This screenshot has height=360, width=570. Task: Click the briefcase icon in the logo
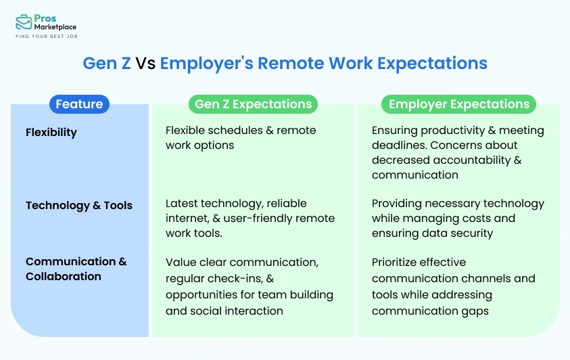tap(24, 22)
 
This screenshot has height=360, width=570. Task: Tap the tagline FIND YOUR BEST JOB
tap(47, 37)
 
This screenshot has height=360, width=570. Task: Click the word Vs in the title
tap(145, 64)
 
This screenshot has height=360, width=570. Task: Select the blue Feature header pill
tap(79, 104)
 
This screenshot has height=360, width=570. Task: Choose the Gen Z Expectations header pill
tap(253, 104)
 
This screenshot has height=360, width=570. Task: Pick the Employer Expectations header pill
tap(458, 104)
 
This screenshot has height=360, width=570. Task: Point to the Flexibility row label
tap(51, 133)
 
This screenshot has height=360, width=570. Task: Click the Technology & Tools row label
tap(79, 206)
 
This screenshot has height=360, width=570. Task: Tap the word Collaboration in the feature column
tap(64, 276)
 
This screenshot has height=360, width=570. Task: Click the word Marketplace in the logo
tap(55, 27)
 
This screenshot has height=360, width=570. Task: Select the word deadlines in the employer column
tap(399, 145)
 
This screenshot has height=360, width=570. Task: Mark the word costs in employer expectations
tap(475, 219)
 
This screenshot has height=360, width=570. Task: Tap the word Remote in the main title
tap(291, 64)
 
